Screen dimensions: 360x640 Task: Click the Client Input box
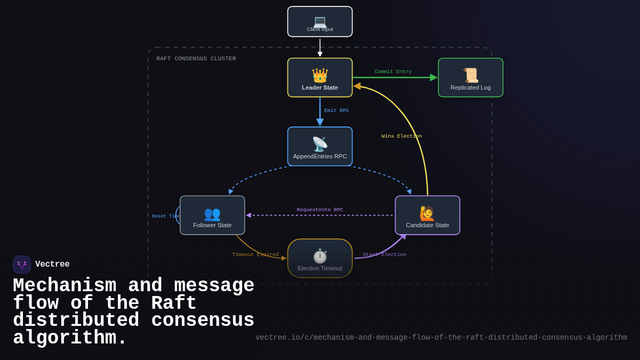[x=320, y=22]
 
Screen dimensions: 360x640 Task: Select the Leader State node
[x=320, y=78]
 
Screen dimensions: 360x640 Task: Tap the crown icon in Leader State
[x=320, y=75]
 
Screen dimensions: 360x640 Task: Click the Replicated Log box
[x=470, y=78]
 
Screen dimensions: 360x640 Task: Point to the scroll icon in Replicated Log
[x=470, y=75]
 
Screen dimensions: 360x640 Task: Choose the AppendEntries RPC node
[x=320, y=147]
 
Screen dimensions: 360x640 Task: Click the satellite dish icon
[x=320, y=144]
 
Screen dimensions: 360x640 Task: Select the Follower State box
[x=212, y=215]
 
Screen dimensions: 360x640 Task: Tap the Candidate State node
[x=427, y=215]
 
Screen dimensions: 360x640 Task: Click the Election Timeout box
[x=320, y=259]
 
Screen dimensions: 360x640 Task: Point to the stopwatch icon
[x=320, y=256]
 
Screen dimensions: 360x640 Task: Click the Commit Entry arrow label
[x=393, y=71]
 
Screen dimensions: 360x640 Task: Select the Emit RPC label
[x=337, y=110]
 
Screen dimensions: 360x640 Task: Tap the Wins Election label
[x=402, y=136]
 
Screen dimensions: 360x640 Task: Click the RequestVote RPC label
[x=320, y=210]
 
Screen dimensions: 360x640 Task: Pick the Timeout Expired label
[x=255, y=254]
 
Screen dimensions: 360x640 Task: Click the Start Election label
[x=385, y=254]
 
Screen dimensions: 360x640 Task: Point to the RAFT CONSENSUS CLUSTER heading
[x=196, y=59]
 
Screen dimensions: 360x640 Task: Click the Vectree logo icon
[x=22, y=265]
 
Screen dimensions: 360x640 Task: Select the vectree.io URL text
[x=441, y=338]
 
